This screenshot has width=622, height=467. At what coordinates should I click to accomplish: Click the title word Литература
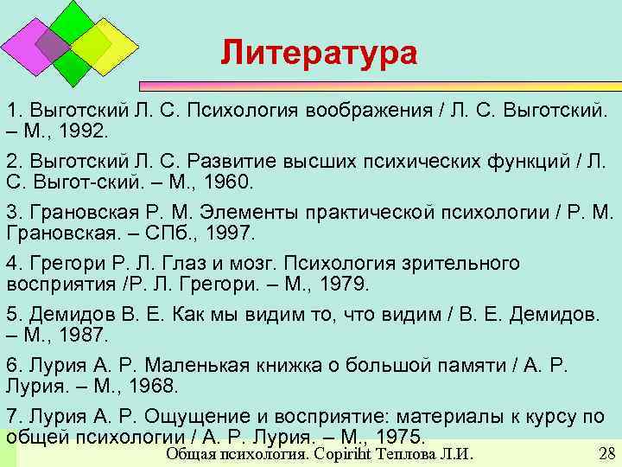pos(318,53)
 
